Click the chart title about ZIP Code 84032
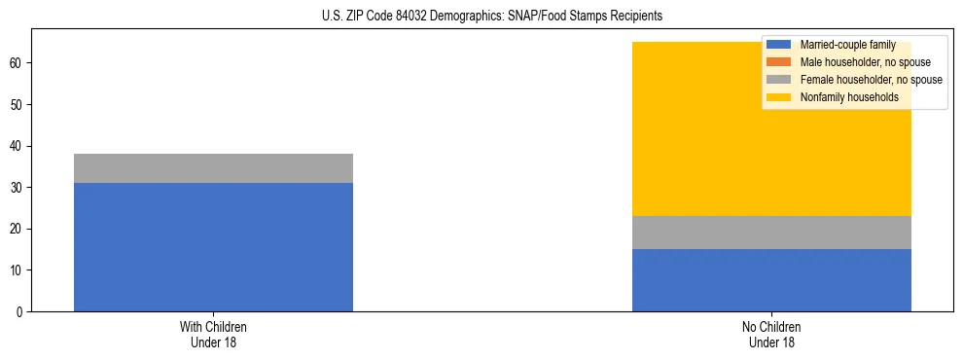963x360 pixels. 491,17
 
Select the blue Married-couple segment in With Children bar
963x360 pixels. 213,247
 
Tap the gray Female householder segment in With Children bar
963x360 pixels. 213,168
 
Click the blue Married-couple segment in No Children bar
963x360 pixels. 771,280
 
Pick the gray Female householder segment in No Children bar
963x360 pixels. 771,233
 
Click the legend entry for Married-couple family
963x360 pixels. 845,45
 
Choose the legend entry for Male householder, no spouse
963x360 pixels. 857,62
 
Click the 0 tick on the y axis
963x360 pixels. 19,311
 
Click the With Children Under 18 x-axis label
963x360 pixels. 213,335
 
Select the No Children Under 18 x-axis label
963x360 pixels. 771,335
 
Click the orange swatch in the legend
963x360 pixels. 779,62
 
